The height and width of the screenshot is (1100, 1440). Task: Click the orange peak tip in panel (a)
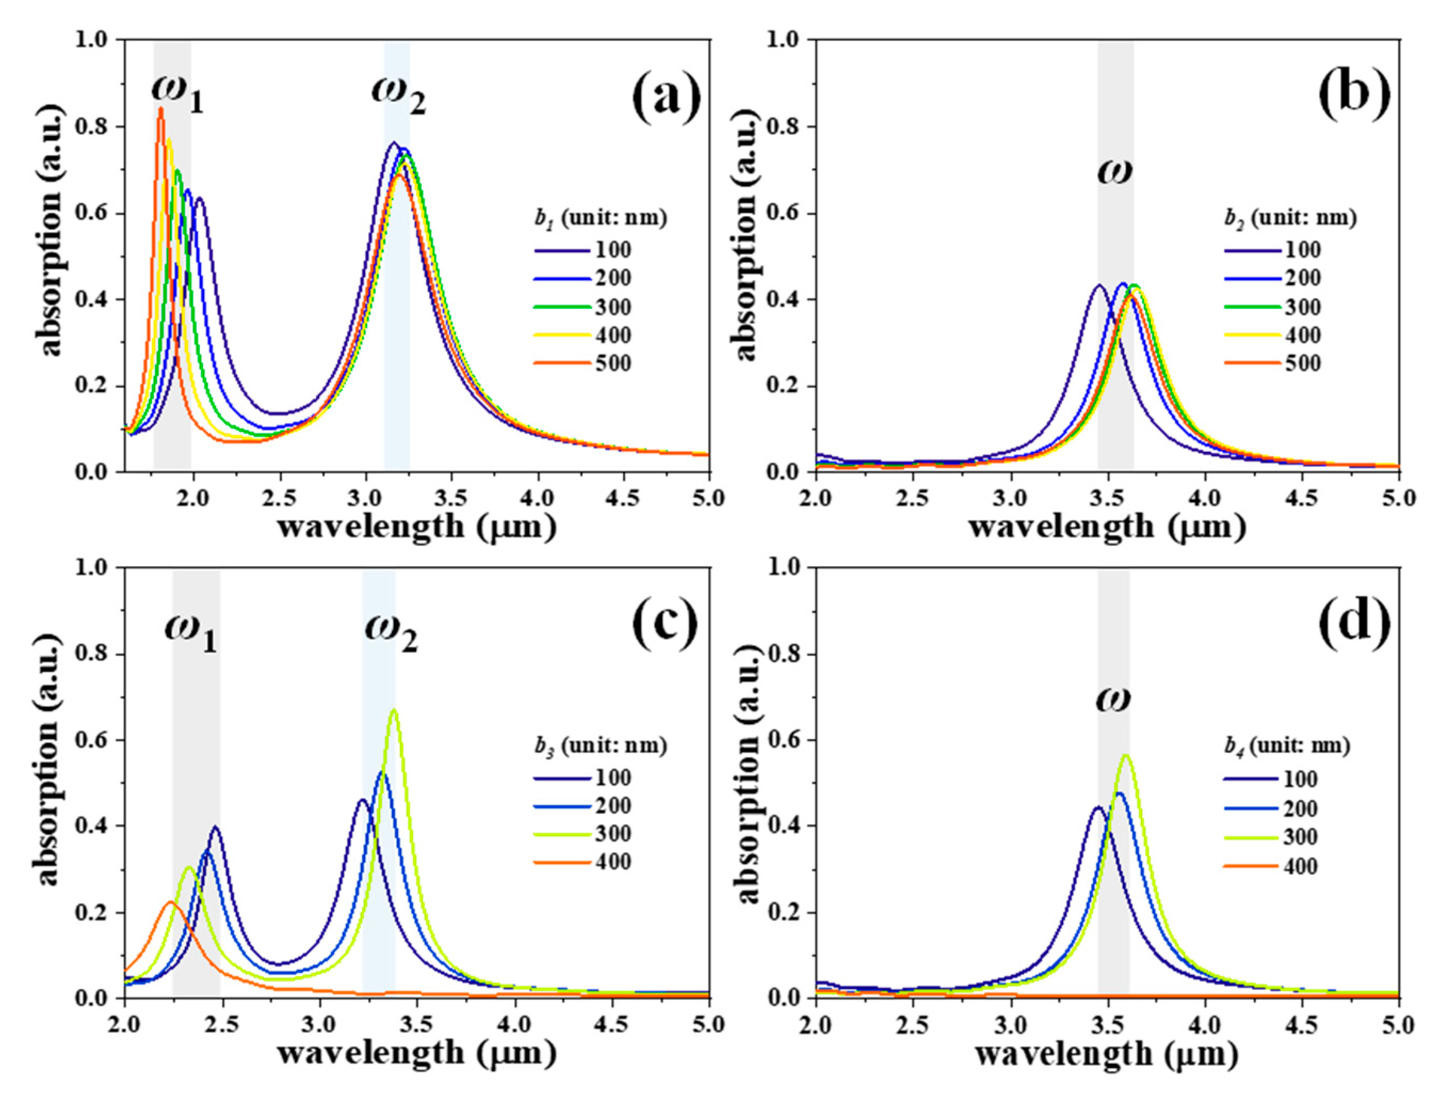[x=160, y=109]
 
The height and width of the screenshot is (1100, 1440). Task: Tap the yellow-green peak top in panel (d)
[x=1125, y=756]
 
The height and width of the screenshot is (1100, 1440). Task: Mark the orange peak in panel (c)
[x=170, y=902]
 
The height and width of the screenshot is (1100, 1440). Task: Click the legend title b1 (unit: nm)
[x=600, y=219]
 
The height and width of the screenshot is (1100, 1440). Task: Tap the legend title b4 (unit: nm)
[x=1286, y=746]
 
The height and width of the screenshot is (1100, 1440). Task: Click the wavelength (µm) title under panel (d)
[x=1105, y=1054]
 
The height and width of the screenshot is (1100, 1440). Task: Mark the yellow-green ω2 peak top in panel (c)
[x=393, y=710]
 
